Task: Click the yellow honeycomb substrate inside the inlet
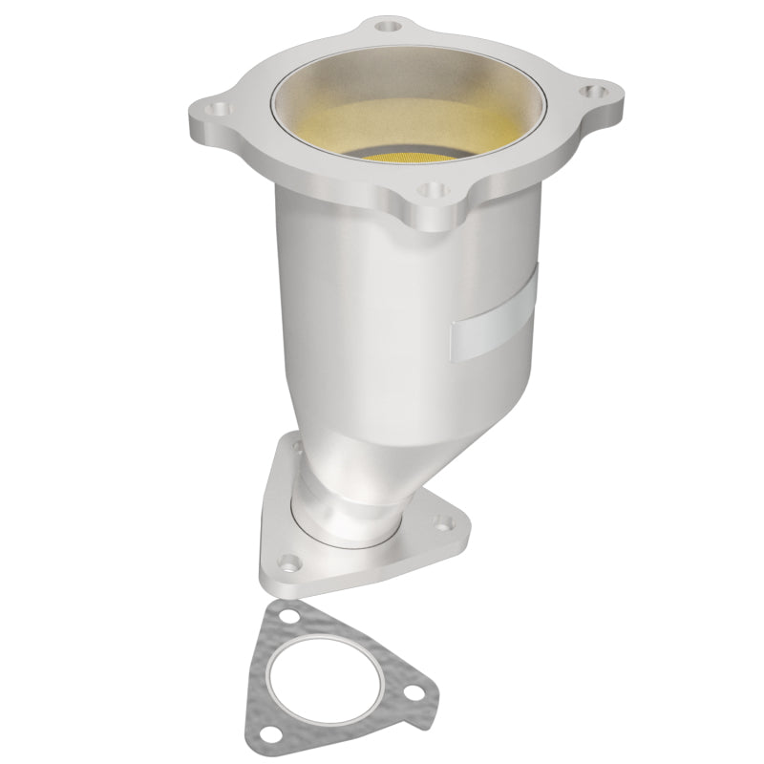(x=420, y=159)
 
